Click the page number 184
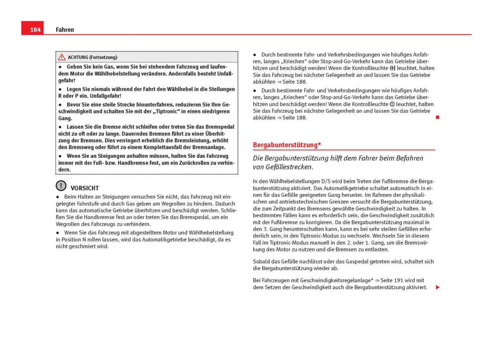click(x=35, y=30)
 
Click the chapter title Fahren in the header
click(x=65, y=30)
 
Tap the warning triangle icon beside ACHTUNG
click(x=62, y=57)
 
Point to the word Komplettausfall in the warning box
click(x=171, y=147)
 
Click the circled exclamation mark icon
click(x=61, y=186)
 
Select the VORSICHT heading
click(x=85, y=188)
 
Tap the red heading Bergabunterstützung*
click(x=287, y=145)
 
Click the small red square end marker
click(x=438, y=118)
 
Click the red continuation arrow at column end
click(x=438, y=287)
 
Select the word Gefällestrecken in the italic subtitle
click(x=292, y=167)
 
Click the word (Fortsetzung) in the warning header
click(x=104, y=58)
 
